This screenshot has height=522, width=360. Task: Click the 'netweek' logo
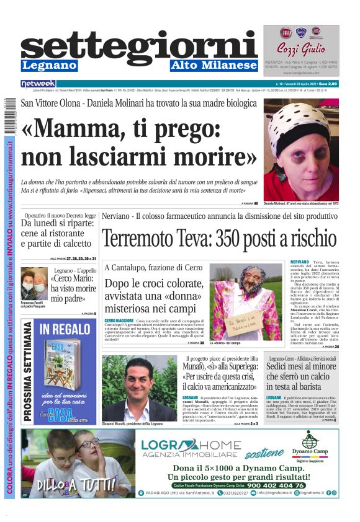[38, 83]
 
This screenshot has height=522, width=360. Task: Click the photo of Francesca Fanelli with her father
[35, 284]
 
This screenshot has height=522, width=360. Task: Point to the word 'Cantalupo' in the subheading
[132, 267]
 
